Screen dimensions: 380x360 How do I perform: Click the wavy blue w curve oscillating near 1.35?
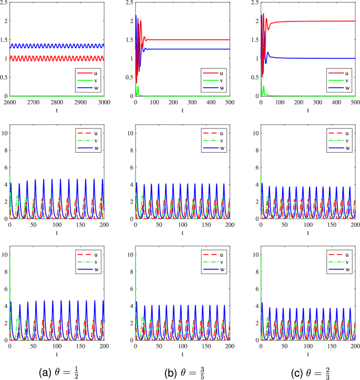tap(53, 46)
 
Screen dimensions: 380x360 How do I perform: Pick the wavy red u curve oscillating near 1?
tap(53, 58)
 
